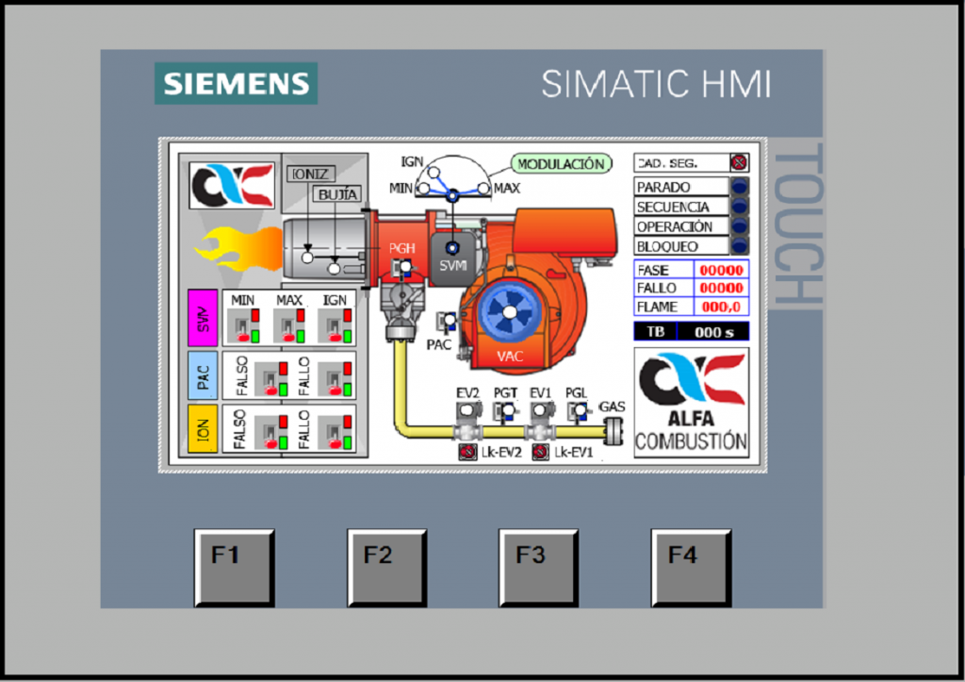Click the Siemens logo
click(x=236, y=83)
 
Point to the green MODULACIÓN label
click(x=561, y=164)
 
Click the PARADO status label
click(x=681, y=188)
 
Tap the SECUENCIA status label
click(x=681, y=207)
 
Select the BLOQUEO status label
click(x=681, y=246)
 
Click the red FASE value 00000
click(x=721, y=270)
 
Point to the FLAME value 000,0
click(x=721, y=307)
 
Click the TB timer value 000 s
click(x=713, y=332)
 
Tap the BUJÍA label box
click(x=337, y=194)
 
